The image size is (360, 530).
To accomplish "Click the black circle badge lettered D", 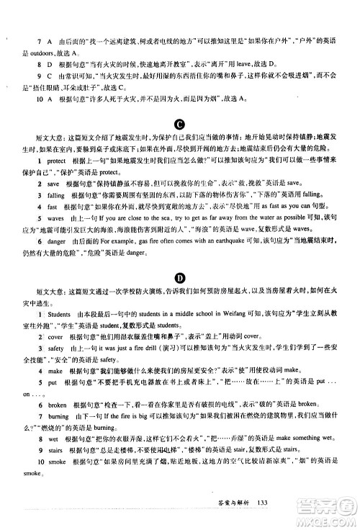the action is pos(179,279).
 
